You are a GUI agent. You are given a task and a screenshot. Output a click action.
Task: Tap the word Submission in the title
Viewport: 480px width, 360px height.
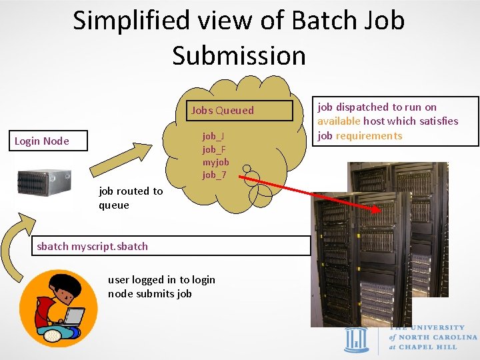[x=239, y=55]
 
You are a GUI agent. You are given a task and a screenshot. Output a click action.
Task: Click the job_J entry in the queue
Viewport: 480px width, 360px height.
[x=213, y=137]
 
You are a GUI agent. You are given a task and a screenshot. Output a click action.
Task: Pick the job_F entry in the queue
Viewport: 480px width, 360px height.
[x=214, y=149]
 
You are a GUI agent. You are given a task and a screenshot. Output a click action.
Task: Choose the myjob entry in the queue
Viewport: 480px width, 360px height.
[x=216, y=162]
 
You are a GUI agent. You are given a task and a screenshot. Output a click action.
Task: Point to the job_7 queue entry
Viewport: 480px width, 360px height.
[x=215, y=175]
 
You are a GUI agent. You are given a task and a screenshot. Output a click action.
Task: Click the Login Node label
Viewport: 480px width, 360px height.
[x=42, y=141]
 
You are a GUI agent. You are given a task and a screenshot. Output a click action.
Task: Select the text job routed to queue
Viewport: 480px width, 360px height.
[x=130, y=198]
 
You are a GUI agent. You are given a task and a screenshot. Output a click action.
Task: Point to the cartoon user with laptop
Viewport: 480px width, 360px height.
[x=58, y=308]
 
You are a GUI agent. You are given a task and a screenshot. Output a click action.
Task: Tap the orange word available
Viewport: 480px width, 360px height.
[x=339, y=121]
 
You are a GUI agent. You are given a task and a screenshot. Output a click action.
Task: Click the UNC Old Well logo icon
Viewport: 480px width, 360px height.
[x=356, y=340]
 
